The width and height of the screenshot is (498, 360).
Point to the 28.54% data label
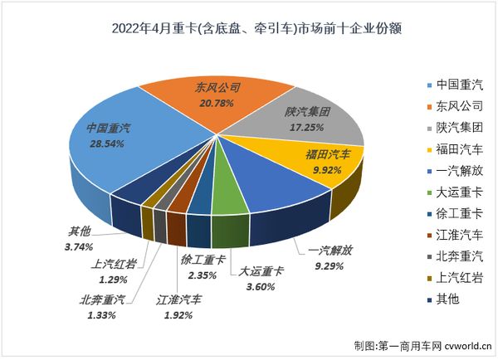[114, 143]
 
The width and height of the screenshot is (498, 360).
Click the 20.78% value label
[216, 101]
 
